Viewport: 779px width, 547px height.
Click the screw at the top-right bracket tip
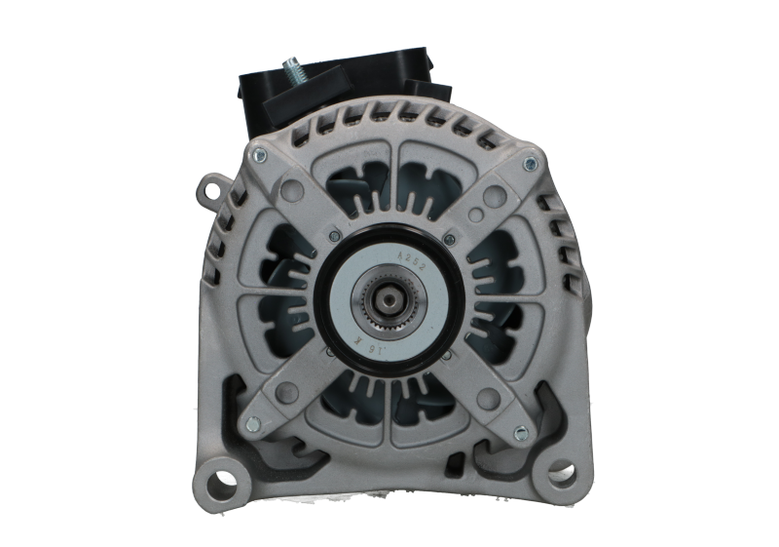pos(527,160)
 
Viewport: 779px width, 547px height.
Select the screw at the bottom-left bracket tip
pos(252,422)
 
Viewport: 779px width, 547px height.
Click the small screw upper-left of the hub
pos(334,235)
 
